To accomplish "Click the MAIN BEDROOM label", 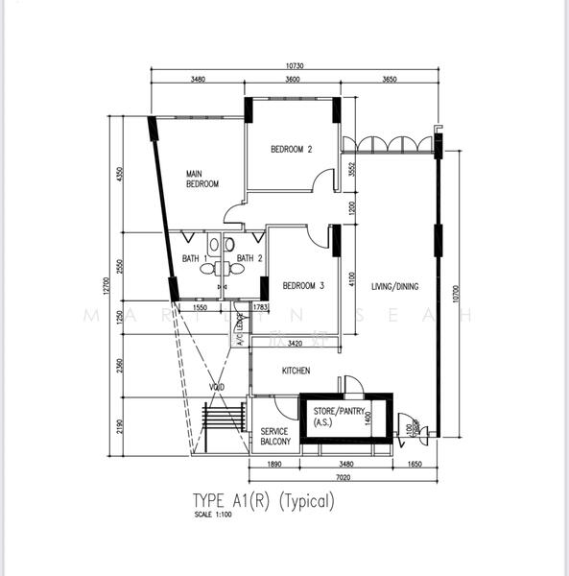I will point(202,179).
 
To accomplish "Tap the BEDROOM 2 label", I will point(292,149).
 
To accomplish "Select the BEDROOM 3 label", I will point(303,285).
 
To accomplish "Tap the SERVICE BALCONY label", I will point(275,437).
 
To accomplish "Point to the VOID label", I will point(217,387).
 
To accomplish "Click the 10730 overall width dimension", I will point(296,66).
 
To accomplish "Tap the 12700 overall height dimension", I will point(109,286).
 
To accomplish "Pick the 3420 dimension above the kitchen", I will point(295,343).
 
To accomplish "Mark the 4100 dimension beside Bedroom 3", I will point(353,279).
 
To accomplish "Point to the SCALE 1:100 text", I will point(213,516).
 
